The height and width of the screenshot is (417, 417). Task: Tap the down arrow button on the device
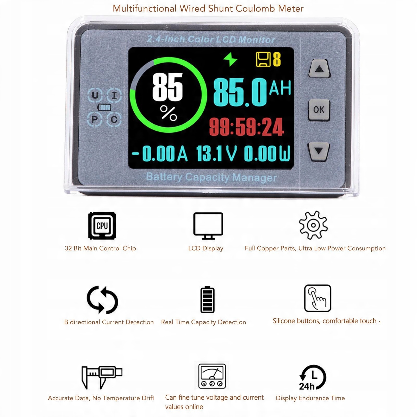319,151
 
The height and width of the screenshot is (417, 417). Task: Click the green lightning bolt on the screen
231,59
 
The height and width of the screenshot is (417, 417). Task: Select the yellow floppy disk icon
264,59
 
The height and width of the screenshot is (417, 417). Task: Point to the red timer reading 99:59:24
246,127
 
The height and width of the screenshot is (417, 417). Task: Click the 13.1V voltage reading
216,153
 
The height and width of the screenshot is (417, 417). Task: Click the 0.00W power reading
267,153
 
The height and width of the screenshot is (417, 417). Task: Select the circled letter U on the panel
95,95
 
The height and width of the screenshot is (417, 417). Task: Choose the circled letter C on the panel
114,120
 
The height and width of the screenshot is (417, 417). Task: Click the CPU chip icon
102,226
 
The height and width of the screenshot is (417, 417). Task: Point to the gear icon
313,225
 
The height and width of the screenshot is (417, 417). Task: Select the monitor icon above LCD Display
208,226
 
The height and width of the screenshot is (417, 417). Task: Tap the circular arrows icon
102,300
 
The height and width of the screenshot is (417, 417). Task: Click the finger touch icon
318,298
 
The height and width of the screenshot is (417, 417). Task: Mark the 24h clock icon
313,377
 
